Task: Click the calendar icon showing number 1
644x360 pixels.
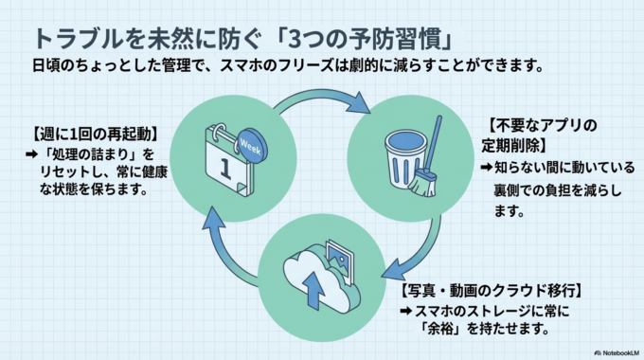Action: pos(225,161)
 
